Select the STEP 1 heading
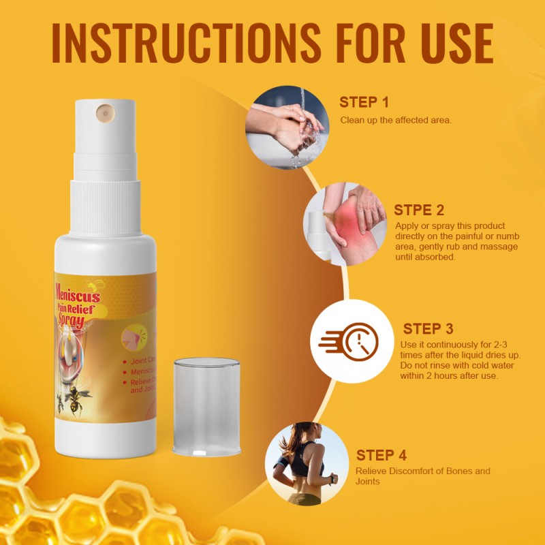click(364, 103)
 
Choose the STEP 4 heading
click(381, 455)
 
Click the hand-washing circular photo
click(285, 127)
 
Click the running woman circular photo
click(304, 464)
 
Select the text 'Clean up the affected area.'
click(396, 121)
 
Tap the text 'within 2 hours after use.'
click(449, 376)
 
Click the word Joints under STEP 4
click(368, 482)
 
